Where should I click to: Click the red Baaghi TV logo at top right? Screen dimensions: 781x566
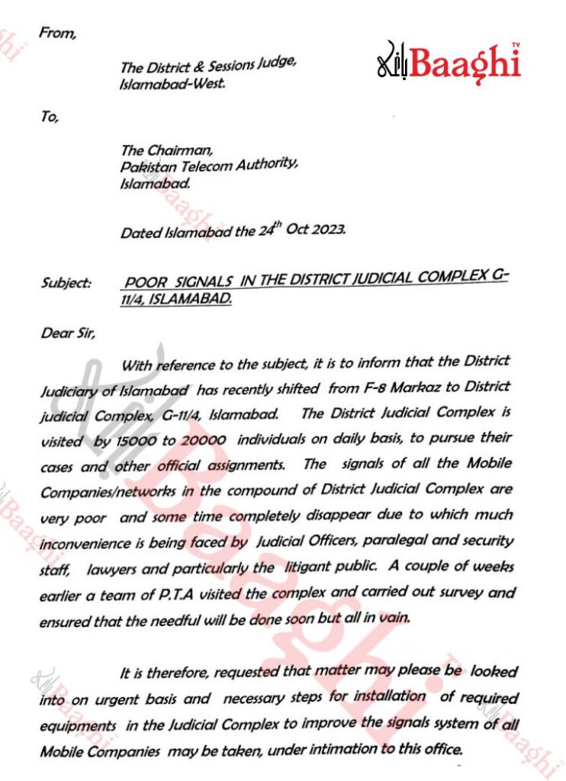pyautogui.click(x=449, y=62)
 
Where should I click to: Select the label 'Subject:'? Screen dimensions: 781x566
pyautogui.click(x=66, y=283)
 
